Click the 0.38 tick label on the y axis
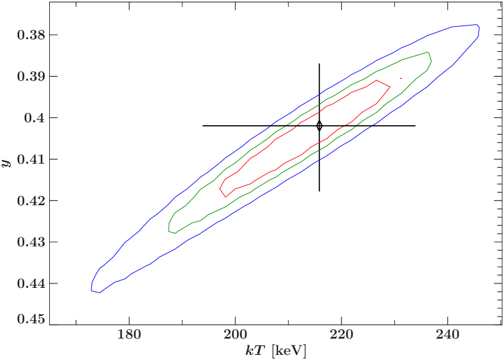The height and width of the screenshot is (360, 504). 31,35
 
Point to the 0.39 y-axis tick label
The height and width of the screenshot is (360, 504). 31,77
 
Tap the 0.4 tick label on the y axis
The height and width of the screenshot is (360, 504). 34,118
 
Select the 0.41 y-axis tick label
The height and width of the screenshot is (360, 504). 31,160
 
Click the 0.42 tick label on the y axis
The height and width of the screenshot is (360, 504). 31,201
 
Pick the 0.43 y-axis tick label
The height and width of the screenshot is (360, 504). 31,243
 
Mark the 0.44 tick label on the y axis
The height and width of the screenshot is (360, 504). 31,283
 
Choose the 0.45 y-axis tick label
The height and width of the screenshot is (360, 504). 31,318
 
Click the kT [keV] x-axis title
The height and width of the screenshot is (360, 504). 275,350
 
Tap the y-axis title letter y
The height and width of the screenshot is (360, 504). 8,162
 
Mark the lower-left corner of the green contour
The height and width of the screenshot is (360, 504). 170,231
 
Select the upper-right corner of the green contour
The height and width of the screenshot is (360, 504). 428,53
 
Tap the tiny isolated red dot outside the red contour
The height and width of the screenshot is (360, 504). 401,78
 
